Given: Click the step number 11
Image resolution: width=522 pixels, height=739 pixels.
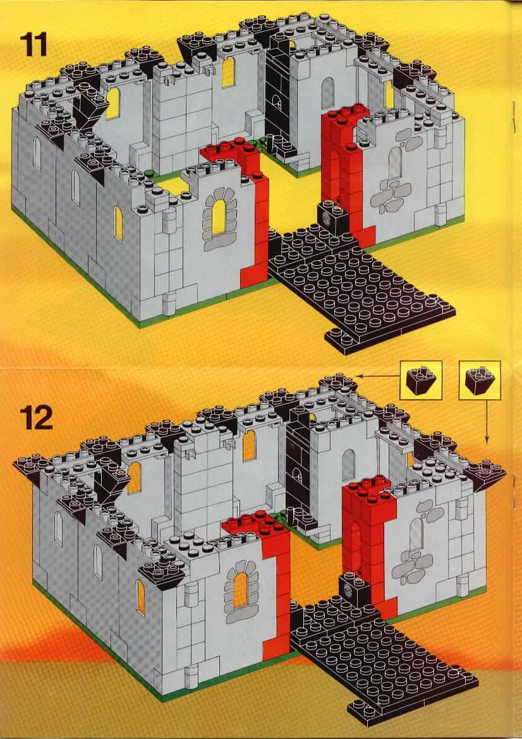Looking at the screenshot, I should (34, 44).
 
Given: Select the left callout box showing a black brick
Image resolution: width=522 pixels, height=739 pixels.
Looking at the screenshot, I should (420, 380).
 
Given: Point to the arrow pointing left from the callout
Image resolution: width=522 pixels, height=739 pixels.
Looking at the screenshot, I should (375, 375).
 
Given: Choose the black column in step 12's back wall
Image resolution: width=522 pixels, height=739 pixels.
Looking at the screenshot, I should (298, 467).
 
